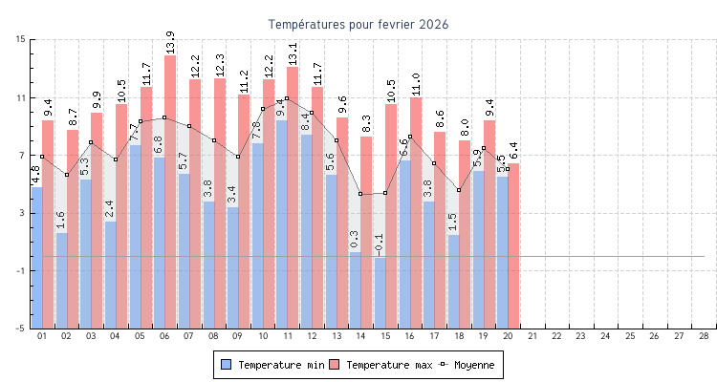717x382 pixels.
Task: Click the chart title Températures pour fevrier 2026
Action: [x=358, y=24]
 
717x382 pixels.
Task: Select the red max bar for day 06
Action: [x=170, y=191]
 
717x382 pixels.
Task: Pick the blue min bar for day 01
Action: [x=36, y=258]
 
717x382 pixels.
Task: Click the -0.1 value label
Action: [x=379, y=244]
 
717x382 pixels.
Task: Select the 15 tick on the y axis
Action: [x=21, y=39]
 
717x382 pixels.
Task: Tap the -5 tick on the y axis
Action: [x=21, y=329]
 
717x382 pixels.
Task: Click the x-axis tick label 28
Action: [x=704, y=336]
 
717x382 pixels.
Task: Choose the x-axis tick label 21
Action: [x=532, y=336]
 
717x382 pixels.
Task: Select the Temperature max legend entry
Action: [x=380, y=365]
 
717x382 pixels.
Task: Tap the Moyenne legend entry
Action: [x=468, y=365]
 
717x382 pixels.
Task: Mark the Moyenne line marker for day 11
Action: [x=287, y=98]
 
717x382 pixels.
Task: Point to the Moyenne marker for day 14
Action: [x=360, y=194]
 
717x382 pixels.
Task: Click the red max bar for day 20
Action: [x=513, y=246]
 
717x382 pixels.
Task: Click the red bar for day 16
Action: [x=416, y=210]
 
